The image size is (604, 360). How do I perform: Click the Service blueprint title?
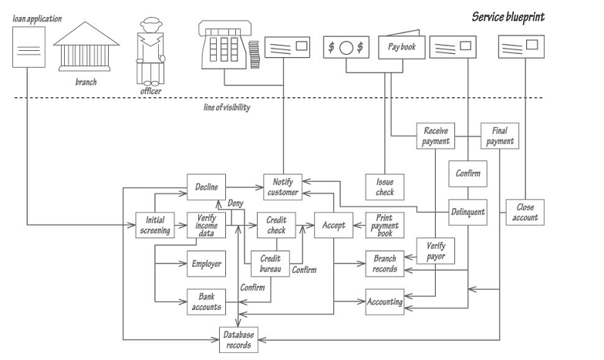[509, 16]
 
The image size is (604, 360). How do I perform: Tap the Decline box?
[205, 187]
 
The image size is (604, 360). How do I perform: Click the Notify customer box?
[282, 187]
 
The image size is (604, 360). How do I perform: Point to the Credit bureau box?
[270, 264]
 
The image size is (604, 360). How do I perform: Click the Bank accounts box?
[206, 301]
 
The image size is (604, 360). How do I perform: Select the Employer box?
[206, 264]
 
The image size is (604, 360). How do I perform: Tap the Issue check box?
[384, 187]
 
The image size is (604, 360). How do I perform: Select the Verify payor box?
[435, 251]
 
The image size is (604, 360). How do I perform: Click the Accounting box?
[384, 301]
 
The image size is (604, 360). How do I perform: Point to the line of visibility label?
[221, 108]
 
